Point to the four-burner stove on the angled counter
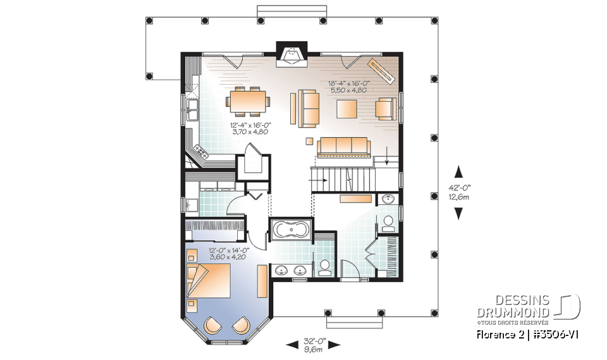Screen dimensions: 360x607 [x=202, y=151]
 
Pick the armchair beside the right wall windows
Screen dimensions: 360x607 [x=385, y=109]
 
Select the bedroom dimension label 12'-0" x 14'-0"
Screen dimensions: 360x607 [x=229, y=254]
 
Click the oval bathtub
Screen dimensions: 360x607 [x=290, y=228]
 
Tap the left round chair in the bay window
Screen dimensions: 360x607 [x=213, y=325]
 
